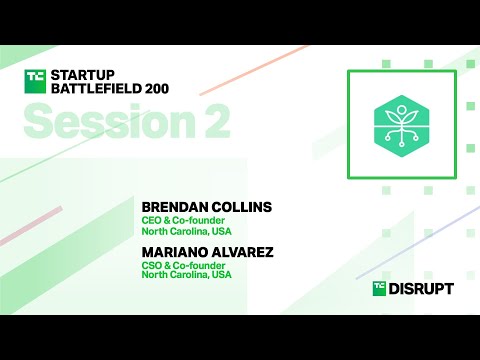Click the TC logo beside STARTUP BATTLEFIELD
[36, 80]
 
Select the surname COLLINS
[241, 207]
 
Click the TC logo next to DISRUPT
[380, 288]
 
